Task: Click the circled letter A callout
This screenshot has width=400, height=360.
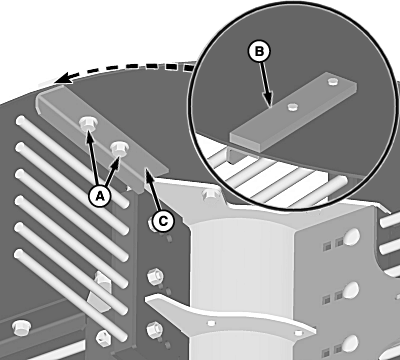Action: (x=100, y=196)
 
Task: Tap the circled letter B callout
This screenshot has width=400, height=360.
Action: (x=259, y=52)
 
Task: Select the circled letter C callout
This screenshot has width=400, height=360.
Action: (x=163, y=221)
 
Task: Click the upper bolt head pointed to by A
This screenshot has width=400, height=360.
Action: (x=88, y=124)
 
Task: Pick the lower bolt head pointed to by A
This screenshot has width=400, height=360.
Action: (x=119, y=148)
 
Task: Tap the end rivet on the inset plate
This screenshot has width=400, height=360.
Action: (x=332, y=81)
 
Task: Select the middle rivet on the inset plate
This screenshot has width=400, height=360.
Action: (x=292, y=107)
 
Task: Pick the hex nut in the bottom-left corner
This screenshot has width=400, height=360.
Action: (x=21, y=328)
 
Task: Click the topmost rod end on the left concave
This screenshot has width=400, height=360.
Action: (x=20, y=120)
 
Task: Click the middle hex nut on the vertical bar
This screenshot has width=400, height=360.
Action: (x=155, y=276)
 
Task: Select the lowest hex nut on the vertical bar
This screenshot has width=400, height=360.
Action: (x=155, y=329)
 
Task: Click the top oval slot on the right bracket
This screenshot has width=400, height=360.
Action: (x=352, y=236)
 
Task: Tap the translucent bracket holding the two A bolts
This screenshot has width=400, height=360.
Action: (x=103, y=133)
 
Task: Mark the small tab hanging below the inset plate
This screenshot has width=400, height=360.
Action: (x=235, y=155)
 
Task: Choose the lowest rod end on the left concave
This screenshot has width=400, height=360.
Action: (x=19, y=255)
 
